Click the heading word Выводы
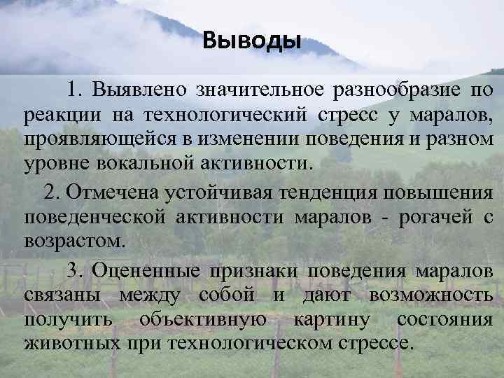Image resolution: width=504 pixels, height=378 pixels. coord(251,41)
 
